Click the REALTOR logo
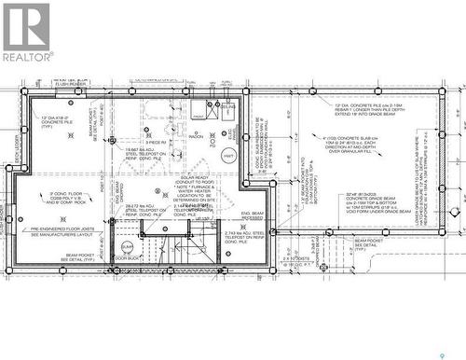pos(27,33)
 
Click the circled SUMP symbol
pos(127,246)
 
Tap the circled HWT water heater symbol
pos(229,157)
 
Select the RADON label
pos(196,136)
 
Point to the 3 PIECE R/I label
pos(155,142)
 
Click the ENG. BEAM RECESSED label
pos(253,217)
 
